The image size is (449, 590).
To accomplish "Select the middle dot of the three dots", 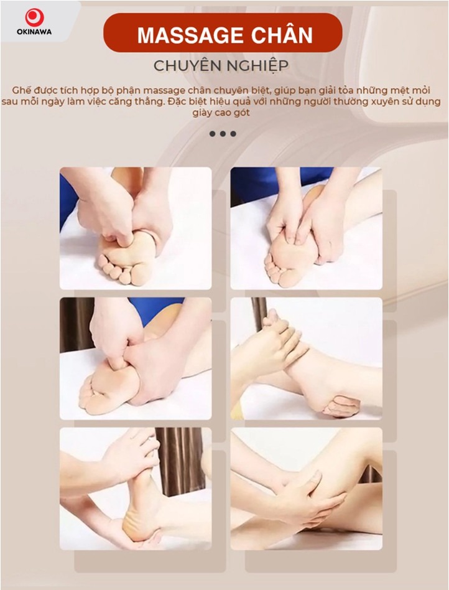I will click(223, 133).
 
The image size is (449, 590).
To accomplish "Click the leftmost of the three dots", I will click(213, 133).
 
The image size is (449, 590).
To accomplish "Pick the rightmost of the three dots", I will click(233, 133).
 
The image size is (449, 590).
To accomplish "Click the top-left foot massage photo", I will click(135, 228).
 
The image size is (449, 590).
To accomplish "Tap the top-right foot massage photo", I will click(306, 228).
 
